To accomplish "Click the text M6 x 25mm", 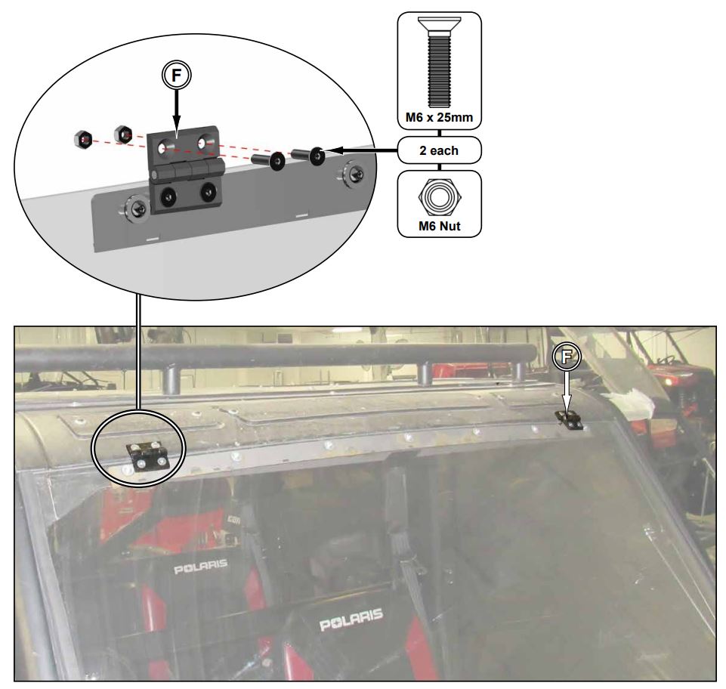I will coord(439,117).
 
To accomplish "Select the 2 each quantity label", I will coord(439,150).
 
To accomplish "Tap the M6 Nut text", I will coord(439,224).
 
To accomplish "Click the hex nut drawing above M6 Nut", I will coord(439,196).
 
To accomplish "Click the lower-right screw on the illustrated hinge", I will coord(207,193).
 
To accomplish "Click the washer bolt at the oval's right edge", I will coord(352,171).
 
